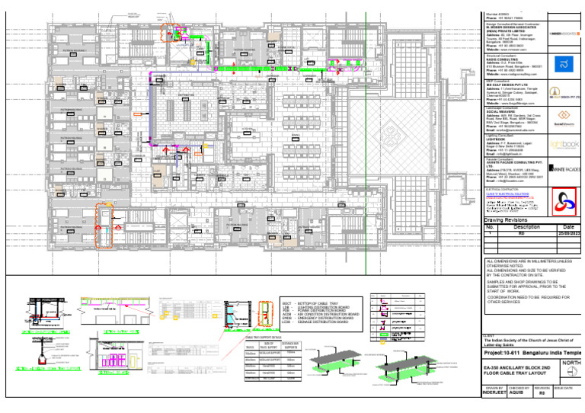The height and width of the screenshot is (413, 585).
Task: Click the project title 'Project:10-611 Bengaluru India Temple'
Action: click(x=531, y=354)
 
